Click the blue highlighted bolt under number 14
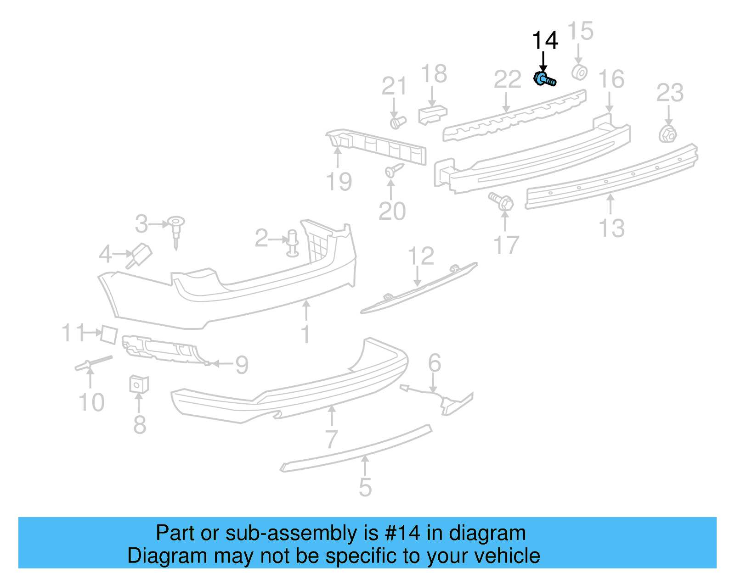point(545,80)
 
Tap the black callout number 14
point(545,41)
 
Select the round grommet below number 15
point(579,72)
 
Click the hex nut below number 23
point(667,134)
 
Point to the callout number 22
point(507,80)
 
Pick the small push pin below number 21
point(397,122)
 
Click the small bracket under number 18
point(432,114)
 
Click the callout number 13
point(611,228)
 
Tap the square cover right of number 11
point(109,334)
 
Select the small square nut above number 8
point(139,384)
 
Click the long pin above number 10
point(93,363)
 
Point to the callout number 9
point(242,365)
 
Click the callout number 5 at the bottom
point(365,487)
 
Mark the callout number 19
point(339,182)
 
